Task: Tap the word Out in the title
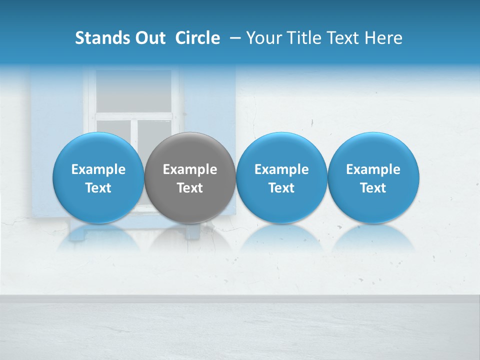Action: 149,38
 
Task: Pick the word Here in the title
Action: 383,38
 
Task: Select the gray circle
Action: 190,150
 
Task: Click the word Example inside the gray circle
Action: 190,169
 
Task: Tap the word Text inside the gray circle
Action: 190,188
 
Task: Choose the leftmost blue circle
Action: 98,150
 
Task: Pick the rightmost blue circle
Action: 373,150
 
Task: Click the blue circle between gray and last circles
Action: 281,150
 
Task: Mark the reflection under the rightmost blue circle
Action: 373,237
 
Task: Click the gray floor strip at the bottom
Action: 240,330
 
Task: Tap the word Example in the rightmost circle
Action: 373,169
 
